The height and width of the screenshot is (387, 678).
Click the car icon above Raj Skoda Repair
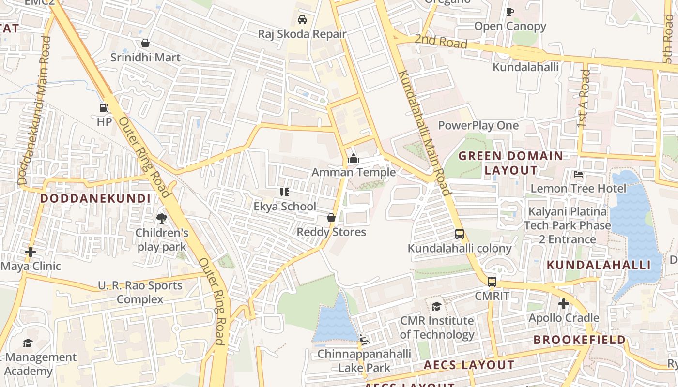[x=302, y=20]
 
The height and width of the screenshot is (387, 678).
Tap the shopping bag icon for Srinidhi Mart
[x=145, y=44]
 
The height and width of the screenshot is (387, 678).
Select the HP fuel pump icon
[x=104, y=108]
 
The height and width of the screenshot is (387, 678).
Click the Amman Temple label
[x=354, y=172]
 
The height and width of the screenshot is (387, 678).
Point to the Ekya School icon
[x=285, y=192]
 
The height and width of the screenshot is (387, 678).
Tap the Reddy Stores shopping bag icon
[x=331, y=218]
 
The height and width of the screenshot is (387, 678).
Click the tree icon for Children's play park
[x=162, y=219]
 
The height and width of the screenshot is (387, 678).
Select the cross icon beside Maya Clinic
[x=31, y=252]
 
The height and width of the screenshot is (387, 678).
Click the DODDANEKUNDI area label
[x=95, y=198]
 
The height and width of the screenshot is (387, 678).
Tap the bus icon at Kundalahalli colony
[x=460, y=234]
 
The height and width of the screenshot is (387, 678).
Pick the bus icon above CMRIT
[x=492, y=282]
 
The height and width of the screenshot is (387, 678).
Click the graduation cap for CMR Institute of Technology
[x=437, y=306]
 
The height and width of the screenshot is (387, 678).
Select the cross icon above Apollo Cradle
[x=564, y=304]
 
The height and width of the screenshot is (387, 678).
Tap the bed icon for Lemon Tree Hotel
[x=578, y=174]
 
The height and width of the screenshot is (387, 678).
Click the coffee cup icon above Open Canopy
[x=509, y=12]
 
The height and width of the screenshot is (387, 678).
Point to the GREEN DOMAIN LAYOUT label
[x=511, y=163]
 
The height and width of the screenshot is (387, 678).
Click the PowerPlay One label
[x=478, y=126]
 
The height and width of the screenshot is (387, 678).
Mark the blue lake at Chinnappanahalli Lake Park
[x=335, y=322]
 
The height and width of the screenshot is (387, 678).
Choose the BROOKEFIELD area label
[x=580, y=340]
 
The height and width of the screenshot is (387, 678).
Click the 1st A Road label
[x=584, y=99]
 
